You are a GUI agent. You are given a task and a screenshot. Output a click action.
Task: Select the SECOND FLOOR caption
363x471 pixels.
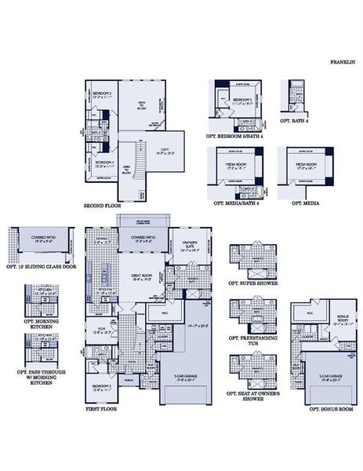[x=102, y=206]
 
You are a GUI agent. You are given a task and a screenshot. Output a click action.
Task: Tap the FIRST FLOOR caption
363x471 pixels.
[x=102, y=410]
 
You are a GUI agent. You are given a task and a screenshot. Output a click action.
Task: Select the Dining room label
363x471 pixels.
[x=101, y=241]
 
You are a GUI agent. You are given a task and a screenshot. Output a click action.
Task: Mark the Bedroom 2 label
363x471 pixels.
[x=102, y=386]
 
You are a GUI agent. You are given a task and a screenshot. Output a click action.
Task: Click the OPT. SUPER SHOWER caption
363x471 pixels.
[x=252, y=282]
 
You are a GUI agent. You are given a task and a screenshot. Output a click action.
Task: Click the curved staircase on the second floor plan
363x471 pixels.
[x=139, y=164]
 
